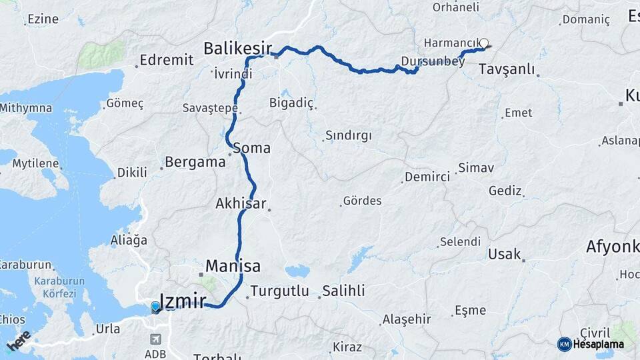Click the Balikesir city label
pos(237,48)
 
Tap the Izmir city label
pos(182,301)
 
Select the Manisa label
pos(233,266)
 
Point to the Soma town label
pos(252,148)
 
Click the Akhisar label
pos(241,203)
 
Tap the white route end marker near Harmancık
pos(484,43)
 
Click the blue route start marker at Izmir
pos(155,307)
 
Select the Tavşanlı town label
pos(507,69)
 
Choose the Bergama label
pos(195,161)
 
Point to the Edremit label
pos(167,60)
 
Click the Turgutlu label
pos(279,291)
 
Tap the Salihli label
pos(343,291)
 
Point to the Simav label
pos(476,168)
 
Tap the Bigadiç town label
pos(291,102)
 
